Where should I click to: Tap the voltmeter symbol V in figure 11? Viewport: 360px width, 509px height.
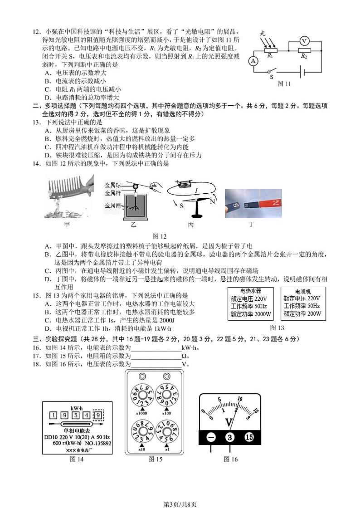click(304, 41)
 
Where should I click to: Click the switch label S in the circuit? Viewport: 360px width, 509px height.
click(272, 77)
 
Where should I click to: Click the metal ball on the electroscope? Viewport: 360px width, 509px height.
click(135, 186)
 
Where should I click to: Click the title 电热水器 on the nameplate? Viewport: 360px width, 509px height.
click(251, 291)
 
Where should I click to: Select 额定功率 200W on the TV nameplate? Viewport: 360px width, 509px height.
click(302, 313)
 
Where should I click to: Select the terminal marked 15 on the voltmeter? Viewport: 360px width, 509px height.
click(249, 437)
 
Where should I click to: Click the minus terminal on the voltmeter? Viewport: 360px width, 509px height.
click(211, 437)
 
